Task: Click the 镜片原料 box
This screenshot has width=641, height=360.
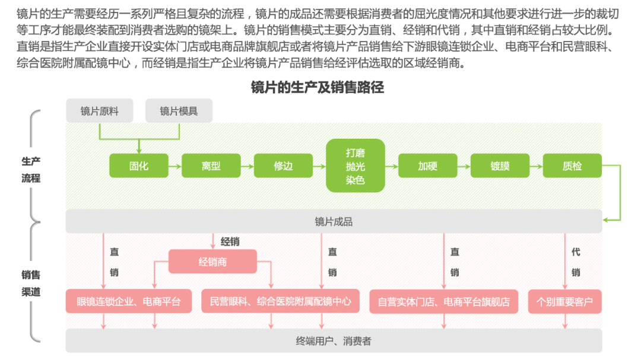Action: (99, 111)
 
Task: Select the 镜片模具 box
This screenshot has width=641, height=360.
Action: (179, 111)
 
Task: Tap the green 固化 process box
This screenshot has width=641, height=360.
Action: (139, 166)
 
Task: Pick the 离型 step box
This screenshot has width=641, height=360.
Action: (211, 166)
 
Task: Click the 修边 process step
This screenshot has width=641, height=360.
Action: (283, 166)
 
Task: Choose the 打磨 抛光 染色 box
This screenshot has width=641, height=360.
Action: (356, 166)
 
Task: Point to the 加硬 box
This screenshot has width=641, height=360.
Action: (427, 166)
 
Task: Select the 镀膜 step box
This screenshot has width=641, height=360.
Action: (500, 166)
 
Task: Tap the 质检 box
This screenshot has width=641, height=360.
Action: (572, 166)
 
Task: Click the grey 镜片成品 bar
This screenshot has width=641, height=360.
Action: (334, 222)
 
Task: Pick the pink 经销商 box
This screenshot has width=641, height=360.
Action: (212, 262)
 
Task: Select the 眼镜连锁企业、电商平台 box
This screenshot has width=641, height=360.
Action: (129, 301)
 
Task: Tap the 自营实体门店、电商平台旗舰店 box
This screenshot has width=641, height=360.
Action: (443, 301)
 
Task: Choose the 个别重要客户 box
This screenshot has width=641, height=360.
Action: (564, 301)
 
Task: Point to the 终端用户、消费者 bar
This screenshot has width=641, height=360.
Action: (334, 341)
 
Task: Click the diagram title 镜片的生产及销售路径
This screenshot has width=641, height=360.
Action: (318, 88)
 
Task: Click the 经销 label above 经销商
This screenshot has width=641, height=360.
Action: (230, 241)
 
